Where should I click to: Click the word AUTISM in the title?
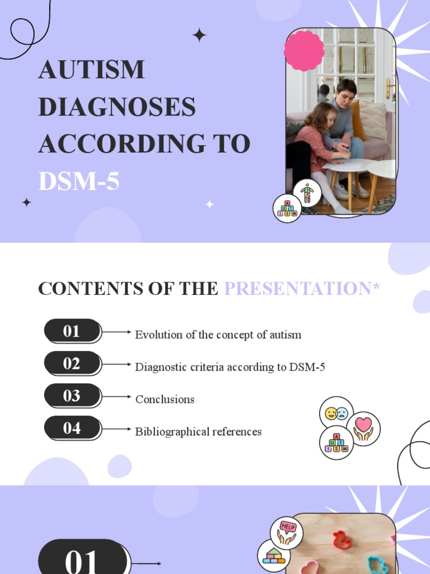(91, 70)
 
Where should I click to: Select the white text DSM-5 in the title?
(79, 182)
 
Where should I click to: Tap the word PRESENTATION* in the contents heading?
(302, 289)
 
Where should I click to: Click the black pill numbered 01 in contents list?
(72, 331)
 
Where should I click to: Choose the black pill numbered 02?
(72, 364)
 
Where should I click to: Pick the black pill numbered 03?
(72, 396)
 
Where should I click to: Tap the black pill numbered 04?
(72, 428)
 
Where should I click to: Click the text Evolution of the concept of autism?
(218, 335)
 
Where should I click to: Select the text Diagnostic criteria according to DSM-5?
(230, 367)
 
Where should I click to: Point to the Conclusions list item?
(165, 399)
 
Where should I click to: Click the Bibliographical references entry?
(198, 432)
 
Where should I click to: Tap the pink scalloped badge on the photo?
(304, 50)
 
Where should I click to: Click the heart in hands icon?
(363, 428)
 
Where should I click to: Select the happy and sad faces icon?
(336, 413)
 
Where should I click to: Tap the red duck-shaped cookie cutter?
(340, 540)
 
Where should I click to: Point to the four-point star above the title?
(199, 35)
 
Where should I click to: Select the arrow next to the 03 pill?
(118, 396)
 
